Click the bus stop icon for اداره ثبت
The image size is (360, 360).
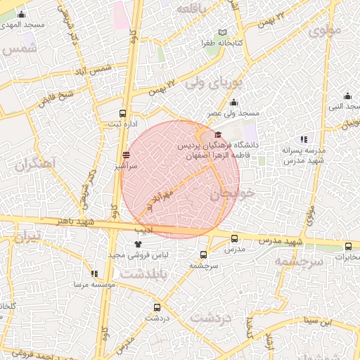point(123,113)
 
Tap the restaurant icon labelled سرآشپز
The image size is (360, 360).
point(126,155)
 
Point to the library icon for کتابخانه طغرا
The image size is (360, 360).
point(222,32)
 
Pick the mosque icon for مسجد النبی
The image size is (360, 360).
point(347,96)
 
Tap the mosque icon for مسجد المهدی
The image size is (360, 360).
point(21,14)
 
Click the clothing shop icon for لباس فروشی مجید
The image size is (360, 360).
point(127,243)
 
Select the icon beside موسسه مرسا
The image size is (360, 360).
point(94,274)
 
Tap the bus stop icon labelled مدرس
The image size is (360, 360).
point(234,238)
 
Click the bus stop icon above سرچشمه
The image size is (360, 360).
point(203,255)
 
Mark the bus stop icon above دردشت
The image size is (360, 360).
point(157,307)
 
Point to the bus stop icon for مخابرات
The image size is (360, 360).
point(348,246)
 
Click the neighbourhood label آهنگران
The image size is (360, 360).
point(34,166)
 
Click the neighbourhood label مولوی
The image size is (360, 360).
point(325,30)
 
